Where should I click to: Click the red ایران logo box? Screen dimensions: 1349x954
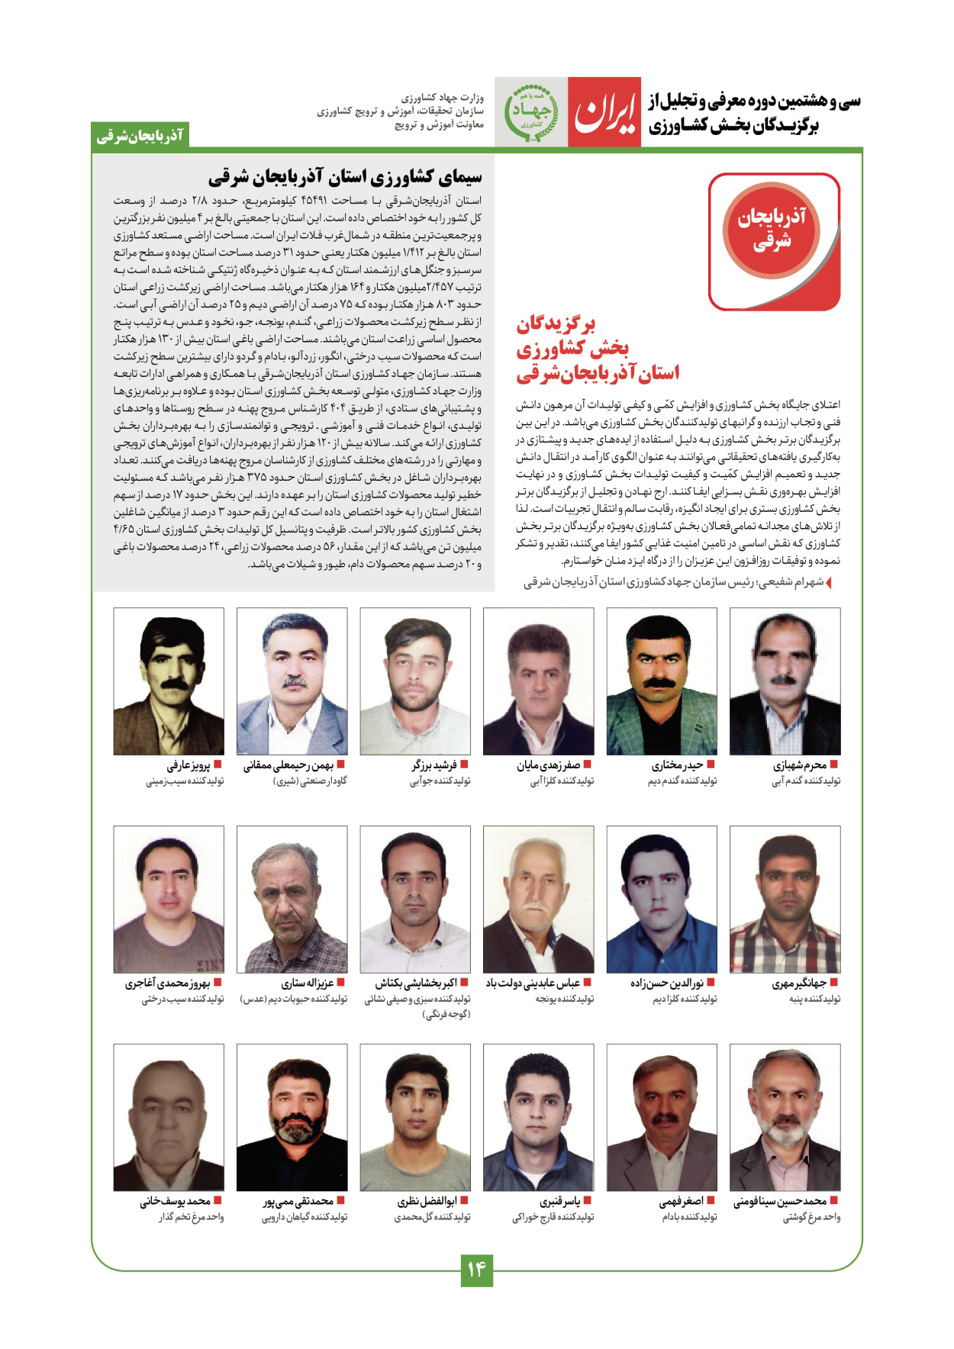tap(604, 112)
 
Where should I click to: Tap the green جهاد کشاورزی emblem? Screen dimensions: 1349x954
tap(531, 112)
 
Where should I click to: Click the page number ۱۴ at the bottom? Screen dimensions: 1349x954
tap(476, 1270)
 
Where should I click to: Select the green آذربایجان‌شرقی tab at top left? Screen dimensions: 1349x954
tap(140, 136)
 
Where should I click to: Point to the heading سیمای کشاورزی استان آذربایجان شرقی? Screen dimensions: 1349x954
tap(345, 178)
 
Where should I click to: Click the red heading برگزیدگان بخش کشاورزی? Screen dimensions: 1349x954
tap(597, 349)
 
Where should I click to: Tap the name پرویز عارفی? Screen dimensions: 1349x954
tap(189, 765)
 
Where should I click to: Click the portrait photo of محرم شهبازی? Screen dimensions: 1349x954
tap(785, 681)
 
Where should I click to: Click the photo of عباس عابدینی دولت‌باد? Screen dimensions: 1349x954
tap(538, 899)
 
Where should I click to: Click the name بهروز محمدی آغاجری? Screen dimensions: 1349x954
tap(168, 984)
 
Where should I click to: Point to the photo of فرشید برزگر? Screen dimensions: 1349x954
tap(415, 681)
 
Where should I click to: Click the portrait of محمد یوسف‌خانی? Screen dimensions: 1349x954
tap(169, 1117)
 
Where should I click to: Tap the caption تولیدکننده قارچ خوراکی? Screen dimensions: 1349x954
tap(553, 1218)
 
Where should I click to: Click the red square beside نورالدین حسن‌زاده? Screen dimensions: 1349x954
tap(711, 983)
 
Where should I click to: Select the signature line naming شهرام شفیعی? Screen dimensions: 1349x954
tap(673, 582)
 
